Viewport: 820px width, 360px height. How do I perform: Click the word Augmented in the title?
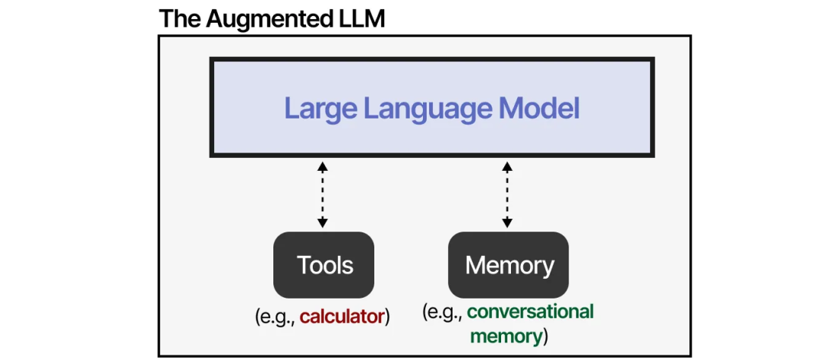click(x=271, y=19)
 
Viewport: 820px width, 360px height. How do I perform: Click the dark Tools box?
click(x=324, y=265)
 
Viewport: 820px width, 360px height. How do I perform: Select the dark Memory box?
click(x=509, y=265)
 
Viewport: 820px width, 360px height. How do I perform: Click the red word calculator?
click(x=342, y=317)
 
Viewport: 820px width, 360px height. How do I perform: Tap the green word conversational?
click(x=530, y=311)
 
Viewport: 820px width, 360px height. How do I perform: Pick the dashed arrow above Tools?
click(x=323, y=194)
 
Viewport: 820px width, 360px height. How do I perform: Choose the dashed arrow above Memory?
click(x=507, y=194)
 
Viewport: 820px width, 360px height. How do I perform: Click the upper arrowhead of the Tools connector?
click(x=323, y=166)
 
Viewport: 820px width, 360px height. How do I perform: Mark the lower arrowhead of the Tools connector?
click(x=323, y=223)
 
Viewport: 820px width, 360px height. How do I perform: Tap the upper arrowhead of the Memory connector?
click(x=507, y=166)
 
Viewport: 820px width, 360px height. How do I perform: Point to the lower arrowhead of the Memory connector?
click(x=507, y=223)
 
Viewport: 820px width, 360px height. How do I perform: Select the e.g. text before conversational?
click(x=445, y=312)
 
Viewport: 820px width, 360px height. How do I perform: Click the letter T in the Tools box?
click(x=303, y=265)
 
